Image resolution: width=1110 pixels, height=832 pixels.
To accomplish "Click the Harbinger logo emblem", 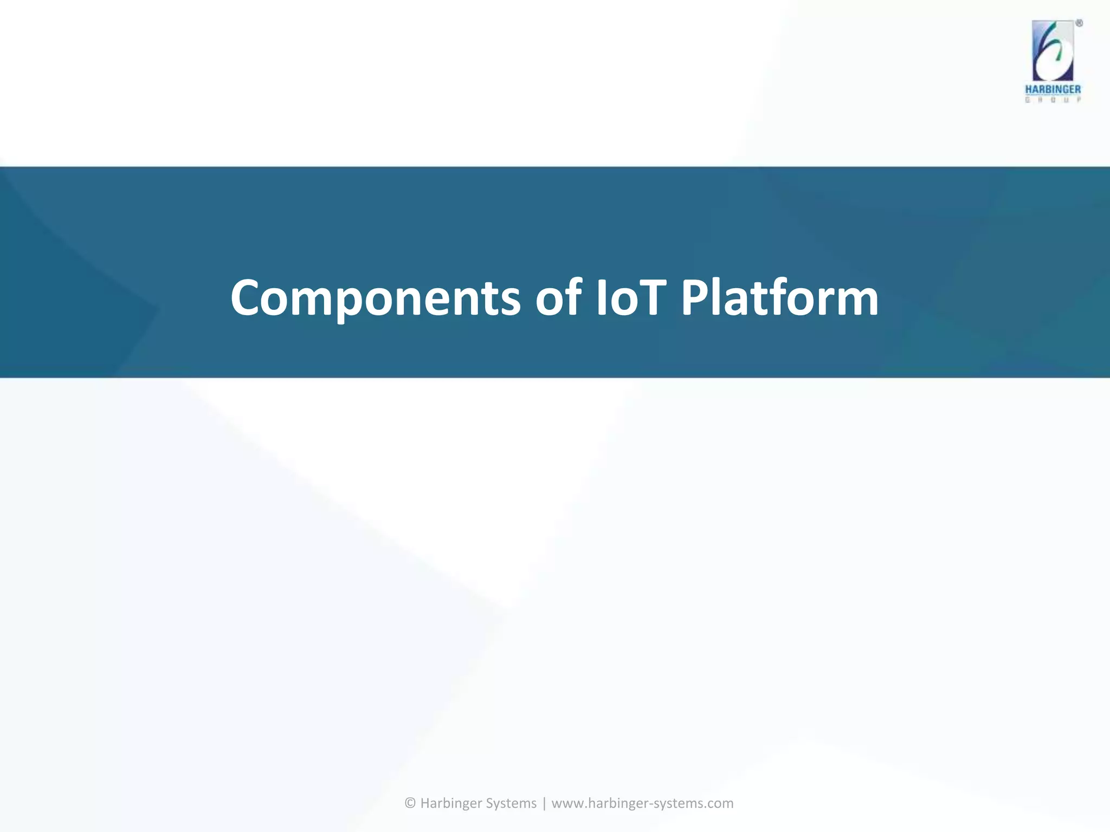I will (x=1053, y=51).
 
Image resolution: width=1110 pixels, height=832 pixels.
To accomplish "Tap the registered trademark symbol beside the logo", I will (x=1079, y=23).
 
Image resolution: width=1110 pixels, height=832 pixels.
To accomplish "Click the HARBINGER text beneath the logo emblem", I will (x=1053, y=89).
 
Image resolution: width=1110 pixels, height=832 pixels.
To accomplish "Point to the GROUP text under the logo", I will (x=1053, y=100).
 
